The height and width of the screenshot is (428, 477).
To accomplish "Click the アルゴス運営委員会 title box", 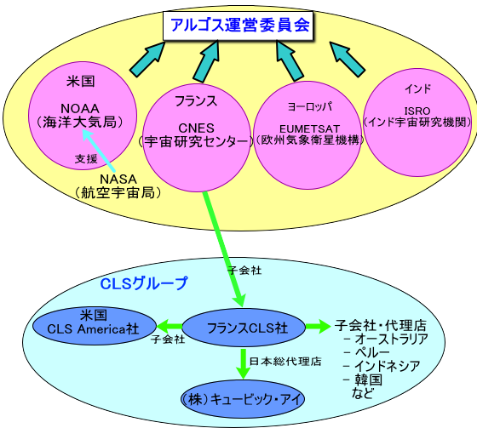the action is click(238, 26).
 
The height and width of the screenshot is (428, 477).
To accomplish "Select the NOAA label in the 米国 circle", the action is click(80, 109).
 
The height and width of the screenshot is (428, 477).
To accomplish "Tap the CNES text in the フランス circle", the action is click(196, 128).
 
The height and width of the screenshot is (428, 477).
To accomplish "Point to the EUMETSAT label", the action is click(309, 129).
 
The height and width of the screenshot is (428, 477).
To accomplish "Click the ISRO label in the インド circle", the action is click(417, 111).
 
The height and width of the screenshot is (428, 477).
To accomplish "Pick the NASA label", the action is click(118, 179).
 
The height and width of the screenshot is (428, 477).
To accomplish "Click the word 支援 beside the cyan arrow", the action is click(86, 158).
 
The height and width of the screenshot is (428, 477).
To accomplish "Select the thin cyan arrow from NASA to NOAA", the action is click(98, 150).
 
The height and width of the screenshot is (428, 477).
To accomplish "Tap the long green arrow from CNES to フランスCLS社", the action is click(224, 248).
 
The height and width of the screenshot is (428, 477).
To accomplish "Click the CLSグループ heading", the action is click(144, 283).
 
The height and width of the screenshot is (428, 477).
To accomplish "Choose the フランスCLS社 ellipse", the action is click(244, 328).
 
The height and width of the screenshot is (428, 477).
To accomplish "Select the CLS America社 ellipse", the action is click(95, 326).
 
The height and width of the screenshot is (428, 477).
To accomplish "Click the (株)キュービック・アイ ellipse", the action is click(243, 398).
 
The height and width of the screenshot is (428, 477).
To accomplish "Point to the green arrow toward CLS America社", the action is click(170, 327).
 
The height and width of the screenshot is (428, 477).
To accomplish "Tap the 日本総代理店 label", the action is click(285, 362).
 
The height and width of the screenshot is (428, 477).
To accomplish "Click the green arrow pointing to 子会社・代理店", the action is click(318, 327).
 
